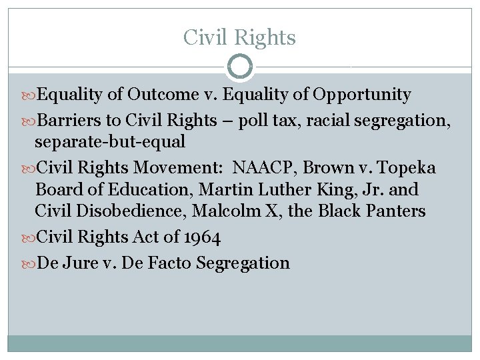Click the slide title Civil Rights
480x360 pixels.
[x=239, y=37]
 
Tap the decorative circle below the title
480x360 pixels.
[x=240, y=67]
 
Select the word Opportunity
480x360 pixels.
[x=363, y=95]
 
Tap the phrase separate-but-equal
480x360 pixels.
[x=110, y=142]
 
